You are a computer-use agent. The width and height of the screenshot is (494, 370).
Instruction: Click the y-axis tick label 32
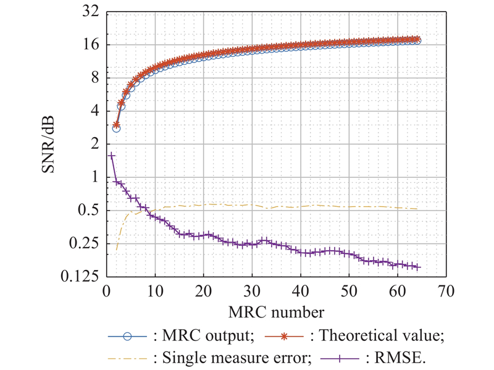90,12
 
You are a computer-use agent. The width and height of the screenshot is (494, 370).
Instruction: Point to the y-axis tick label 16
90,45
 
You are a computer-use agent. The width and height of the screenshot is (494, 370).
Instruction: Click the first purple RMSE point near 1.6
112,156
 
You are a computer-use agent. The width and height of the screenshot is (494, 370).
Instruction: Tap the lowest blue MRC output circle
116,128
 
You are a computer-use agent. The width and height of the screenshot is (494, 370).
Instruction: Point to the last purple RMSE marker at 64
418,267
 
